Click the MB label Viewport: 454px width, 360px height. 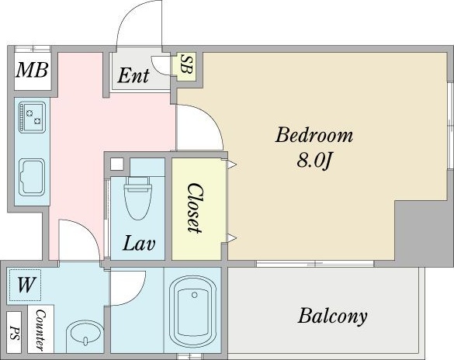(x=32, y=70)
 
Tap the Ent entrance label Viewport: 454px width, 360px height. (x=133, y=75)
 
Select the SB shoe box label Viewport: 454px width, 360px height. (x=186, y=64)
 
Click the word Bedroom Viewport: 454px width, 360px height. (x=314, y=135)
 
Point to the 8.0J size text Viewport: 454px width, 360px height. (x=314, y=160)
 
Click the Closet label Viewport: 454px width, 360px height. (x=194, y=208)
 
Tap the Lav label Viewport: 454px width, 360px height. (x=139, y=244)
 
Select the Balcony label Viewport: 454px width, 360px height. (x=332, y=317)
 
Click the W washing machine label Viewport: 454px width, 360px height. (x=26, y=285)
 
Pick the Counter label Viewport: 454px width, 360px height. (x=40, y=331)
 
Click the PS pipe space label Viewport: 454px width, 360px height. (x=14, y=333)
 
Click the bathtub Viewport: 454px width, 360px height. (x=193, y=310)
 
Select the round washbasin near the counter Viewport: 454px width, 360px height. (x=85, y=336)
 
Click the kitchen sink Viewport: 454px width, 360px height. (x=32, y=178)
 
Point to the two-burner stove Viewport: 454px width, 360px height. (x=32, y=117)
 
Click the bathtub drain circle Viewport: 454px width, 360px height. (x=195, y=295)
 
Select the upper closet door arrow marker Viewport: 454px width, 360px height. (x=232, y=164)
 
